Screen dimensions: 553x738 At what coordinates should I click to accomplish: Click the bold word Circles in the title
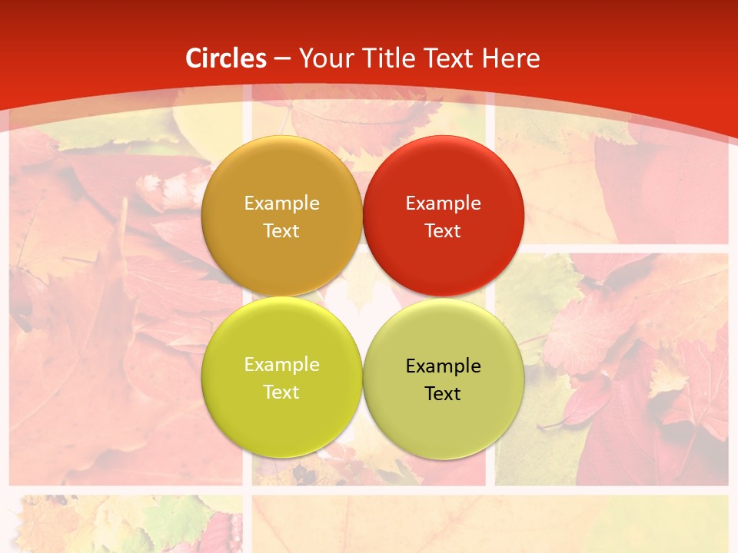point(226,58)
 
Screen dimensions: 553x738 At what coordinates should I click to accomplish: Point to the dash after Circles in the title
point(282,59)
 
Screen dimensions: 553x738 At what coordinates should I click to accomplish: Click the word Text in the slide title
point(449,58)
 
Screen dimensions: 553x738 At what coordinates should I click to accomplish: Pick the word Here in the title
point(511,58)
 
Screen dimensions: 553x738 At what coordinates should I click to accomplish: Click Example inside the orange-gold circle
point(281,203)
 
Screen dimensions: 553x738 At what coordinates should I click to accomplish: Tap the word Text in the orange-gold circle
point(281,230)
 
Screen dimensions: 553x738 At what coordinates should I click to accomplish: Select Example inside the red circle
point(443,203)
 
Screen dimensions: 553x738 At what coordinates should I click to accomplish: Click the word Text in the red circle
point(443,230)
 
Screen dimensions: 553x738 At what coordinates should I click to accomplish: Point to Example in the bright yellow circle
point(281,364)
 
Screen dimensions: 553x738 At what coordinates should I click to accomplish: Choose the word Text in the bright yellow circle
point(281,392)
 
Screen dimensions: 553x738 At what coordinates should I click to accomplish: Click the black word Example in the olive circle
point(443,366)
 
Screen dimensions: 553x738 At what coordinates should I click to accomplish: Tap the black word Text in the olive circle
point(443,393)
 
